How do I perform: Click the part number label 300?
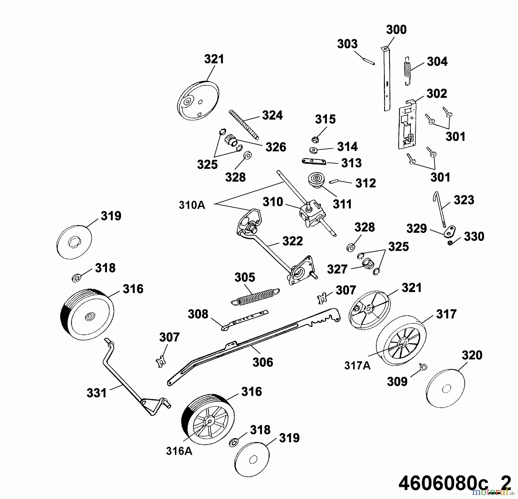tap(396, 30)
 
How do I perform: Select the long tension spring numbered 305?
tap(256, 296)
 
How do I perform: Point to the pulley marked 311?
tap(316, 180)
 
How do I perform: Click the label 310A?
tap(192, 205)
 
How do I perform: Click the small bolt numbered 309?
tap(423, 367)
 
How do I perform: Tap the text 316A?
tap(179, 451)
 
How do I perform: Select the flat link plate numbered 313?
tap(314, 162)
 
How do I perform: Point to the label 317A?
tap(357, 366)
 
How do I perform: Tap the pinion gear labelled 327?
tap(368, 264)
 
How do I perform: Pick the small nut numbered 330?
tap(450, 243)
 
